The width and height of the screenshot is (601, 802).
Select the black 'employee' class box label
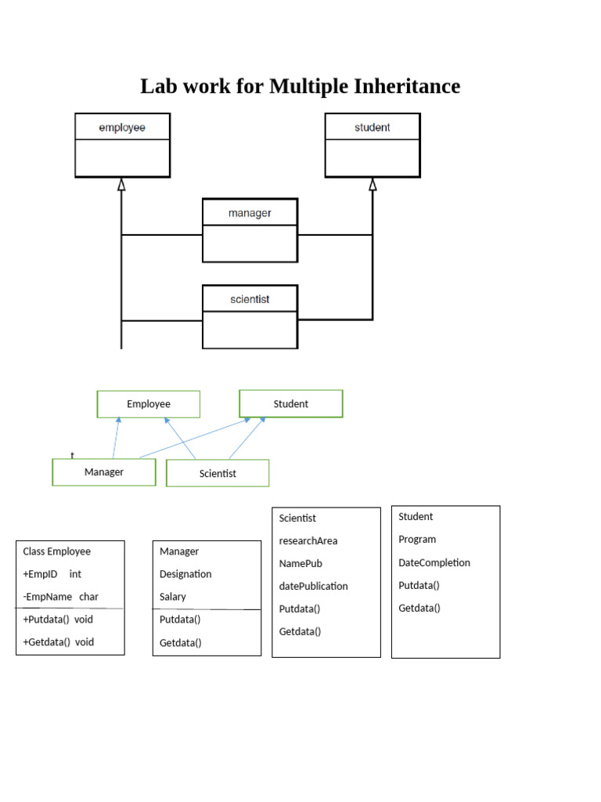[x=122, y=127]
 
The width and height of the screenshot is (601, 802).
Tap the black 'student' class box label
[x=372, y=127]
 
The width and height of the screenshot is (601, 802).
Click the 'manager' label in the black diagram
[x=250, y=212]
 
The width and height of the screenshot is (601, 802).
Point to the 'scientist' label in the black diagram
[x=250, y=298]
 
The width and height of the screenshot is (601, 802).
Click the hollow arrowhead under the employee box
[x=121, y=185]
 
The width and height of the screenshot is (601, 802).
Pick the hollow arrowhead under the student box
[x=372, y=185]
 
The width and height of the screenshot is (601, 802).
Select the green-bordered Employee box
[x=149, y=404]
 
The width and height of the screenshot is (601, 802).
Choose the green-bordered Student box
[x=290, y=403]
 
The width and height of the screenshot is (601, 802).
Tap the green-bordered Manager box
[x=104, y=472]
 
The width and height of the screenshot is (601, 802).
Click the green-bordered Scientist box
[x=218, y=473]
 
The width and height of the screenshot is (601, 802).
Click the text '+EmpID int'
[x=52, y=574]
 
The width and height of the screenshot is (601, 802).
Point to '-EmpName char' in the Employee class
[x=60, y=597]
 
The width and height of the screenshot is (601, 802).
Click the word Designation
[x=185, y=574]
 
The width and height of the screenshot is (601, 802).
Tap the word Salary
[x=173, y=597]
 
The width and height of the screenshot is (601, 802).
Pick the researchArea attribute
[x=308, y=541]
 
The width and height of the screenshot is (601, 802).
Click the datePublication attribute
[x=313, y=587]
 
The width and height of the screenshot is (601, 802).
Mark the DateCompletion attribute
[x=434, y=562]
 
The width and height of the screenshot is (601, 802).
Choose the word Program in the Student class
[x=417, y=540]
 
